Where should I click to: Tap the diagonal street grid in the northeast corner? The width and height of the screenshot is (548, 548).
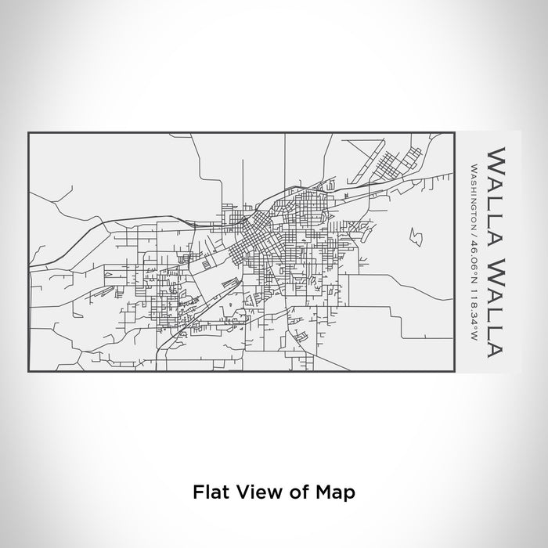click(x=392, y=165)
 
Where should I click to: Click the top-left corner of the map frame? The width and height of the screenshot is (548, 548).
click(x=28, y=133)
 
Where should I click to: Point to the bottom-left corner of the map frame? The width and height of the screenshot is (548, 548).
click(x=28, y=372)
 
